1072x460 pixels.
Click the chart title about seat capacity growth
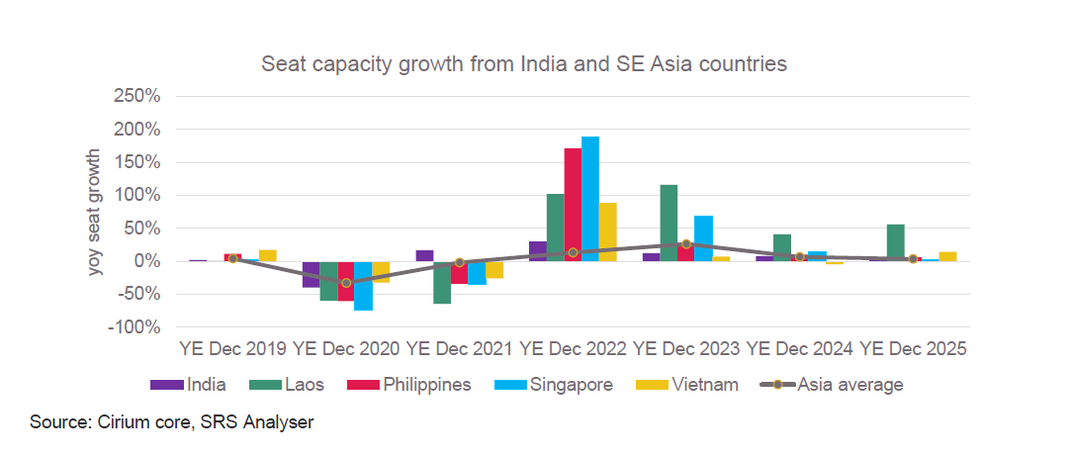click(x=523, y=64)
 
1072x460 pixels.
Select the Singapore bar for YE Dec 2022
click(x=590, y=199)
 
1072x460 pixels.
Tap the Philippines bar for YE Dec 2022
click(x=573, y=205)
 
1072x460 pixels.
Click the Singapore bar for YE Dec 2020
click(x=363, y=286)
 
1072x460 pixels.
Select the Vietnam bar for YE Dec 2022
click(x=608, y=232)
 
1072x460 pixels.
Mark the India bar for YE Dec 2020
click(x=311, y=274)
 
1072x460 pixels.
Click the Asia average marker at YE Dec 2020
click(x=346, y=283)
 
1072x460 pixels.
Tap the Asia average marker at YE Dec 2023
click(x=685, y=243)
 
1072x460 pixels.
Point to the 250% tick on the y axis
click(x=137, y=97)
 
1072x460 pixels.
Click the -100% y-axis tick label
click(x=135, y=327)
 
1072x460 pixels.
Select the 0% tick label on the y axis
click(x=145, y=261)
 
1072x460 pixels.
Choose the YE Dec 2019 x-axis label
click(x=232, y=349)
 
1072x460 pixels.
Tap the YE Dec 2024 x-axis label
click(x=799, y=349)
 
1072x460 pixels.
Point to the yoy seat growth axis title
click(x=96, y=212)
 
